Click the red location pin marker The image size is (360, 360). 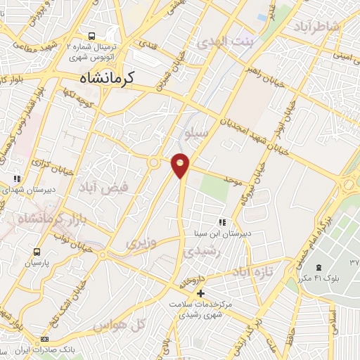181,165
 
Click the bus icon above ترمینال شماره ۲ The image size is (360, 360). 92,36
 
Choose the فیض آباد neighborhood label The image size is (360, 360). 124,188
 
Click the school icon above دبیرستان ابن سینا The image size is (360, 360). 223,222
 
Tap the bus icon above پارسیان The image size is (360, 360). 37,251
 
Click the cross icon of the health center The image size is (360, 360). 201,292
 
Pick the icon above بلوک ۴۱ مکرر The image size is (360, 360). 319,268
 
